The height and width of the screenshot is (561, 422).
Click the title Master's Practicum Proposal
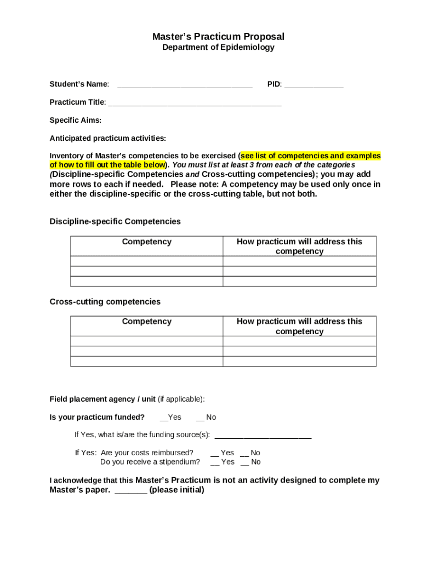coord(218,37)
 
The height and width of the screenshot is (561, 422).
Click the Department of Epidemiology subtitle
coord(218,48)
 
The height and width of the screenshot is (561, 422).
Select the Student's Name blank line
coord(185,86)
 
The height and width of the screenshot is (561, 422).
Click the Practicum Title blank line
coord(195,104)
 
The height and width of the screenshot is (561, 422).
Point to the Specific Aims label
coord(76,121)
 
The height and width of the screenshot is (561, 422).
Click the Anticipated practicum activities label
coord(108,138)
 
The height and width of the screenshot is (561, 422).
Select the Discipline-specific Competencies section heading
coord(115,222)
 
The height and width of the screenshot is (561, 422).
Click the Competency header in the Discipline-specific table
coord(146,242)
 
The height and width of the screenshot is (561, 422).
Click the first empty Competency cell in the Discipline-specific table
coord(146,261)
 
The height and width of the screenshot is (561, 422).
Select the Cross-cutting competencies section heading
coord(105,302)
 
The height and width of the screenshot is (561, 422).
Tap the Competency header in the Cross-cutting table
coord(146,322)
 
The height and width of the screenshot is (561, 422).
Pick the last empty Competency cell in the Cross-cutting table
coord(146,362)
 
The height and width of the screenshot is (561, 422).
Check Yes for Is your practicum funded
coord(163,418)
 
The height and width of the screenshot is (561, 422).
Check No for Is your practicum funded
coord(200,418)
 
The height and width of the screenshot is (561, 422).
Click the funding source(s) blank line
coord(263,437)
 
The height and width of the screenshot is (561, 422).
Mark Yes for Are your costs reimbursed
coord(215,454)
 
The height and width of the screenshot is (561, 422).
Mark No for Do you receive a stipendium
coord(244,463)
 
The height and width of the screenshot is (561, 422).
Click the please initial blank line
coord(131,491)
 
